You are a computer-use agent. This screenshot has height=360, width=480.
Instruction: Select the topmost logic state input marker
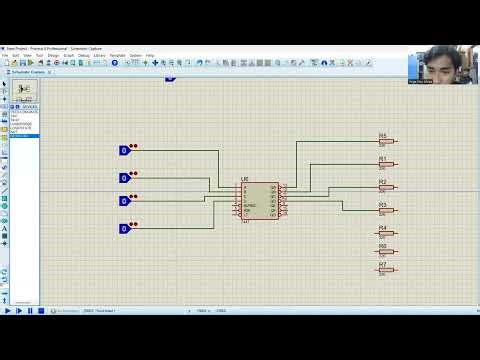point(125,151)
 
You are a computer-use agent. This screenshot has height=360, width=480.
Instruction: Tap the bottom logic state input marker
point(125,229)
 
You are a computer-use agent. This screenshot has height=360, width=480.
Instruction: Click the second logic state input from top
point(125,178)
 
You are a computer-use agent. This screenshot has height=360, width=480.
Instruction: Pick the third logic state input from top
point(125,201)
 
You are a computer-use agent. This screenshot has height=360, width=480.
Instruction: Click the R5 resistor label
point(382,136)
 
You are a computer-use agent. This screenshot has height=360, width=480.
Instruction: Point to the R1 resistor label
point(382,159)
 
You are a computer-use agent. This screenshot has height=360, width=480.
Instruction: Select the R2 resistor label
point(382,182)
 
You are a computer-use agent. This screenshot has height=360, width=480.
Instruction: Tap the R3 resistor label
point(382,205)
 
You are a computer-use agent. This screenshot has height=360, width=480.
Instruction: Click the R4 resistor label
point(382,228)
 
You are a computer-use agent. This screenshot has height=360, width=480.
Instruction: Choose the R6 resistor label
point(382,246)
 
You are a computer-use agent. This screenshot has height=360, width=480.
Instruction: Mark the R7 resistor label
point(382,264)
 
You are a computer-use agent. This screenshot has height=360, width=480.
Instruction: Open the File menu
point(5,55)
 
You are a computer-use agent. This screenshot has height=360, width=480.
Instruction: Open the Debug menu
point(81,55)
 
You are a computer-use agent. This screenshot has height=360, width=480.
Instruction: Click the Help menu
point(150,55)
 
